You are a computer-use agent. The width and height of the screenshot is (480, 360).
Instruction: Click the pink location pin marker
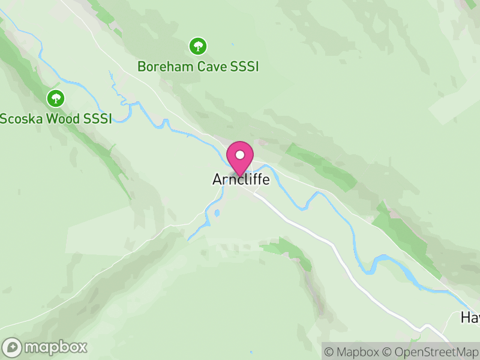click(240, 158)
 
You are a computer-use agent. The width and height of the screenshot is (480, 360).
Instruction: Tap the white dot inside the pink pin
click(240, 154)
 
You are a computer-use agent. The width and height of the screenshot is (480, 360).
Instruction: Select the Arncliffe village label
click(241, 179)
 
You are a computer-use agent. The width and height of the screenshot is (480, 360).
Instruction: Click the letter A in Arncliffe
click(217, 179)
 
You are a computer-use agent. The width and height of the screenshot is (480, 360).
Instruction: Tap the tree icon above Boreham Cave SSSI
click(197, 46)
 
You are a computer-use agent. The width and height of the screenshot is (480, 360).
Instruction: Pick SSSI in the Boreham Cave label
click(244, 67)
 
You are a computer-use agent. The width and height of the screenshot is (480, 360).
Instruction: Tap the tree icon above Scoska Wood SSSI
click(56, 98)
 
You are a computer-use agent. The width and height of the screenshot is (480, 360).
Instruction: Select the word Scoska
click(21, 118)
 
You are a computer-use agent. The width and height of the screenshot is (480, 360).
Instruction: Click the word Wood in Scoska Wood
click(64, 118)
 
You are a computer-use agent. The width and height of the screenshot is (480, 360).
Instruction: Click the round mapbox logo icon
click(13, 347)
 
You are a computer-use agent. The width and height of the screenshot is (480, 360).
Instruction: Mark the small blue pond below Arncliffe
click(217, 212)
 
